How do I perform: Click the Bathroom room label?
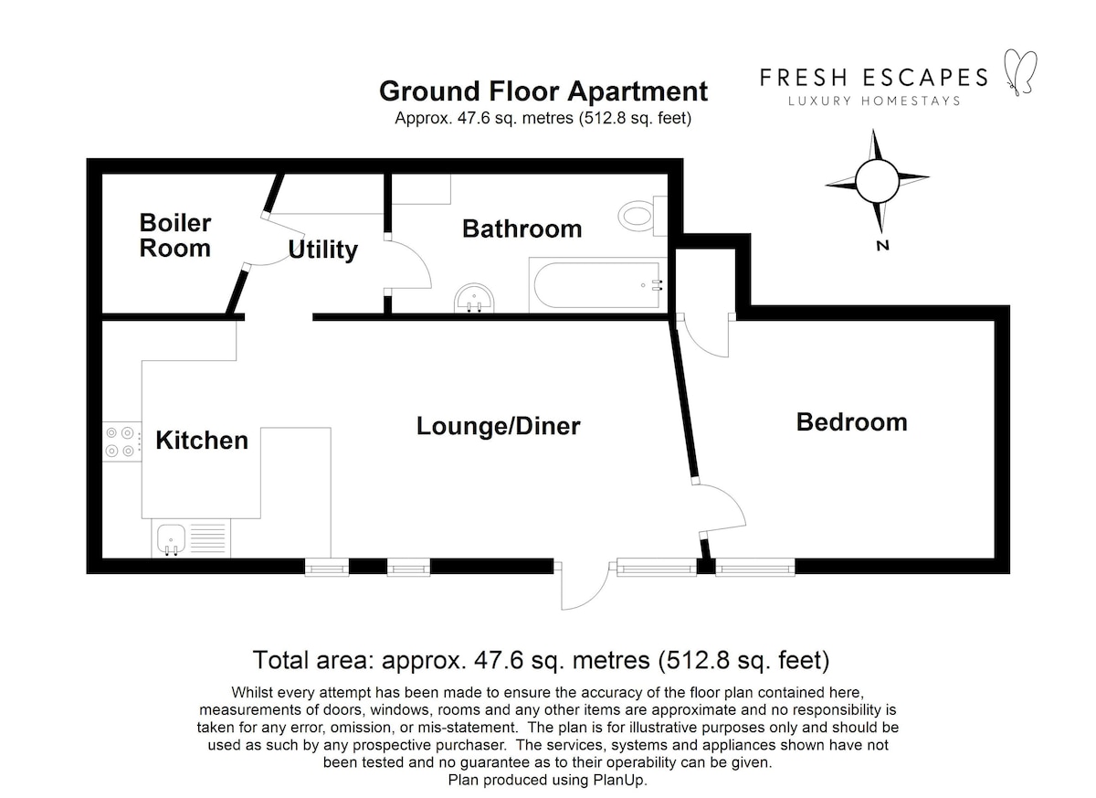click(x=522, y=229)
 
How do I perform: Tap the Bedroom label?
click(x=852, y=422)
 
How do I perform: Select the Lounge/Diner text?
click(x=498, y=426)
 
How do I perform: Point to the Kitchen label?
click(x=202, y=441)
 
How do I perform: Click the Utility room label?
click(x=323, y=250)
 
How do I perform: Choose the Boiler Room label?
click(x=175, y=236)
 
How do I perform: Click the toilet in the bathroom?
click(x=642, y=216)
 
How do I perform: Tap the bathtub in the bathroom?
click(x=597, y=285)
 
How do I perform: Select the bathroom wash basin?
click(x=474, y=298)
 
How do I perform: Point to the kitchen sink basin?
click(x=171, y=539)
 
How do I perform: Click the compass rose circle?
click(x=878, y=181)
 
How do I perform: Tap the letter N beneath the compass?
click(x=882, y=245)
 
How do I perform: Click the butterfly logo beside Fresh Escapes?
click(x=1021, y=72)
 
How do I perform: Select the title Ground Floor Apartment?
click(x=543, y=91)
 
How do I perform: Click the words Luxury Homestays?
click(x=874, y=101)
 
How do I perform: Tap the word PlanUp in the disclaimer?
click(x=620, y=780)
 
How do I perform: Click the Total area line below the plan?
click(x=541, y=661)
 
